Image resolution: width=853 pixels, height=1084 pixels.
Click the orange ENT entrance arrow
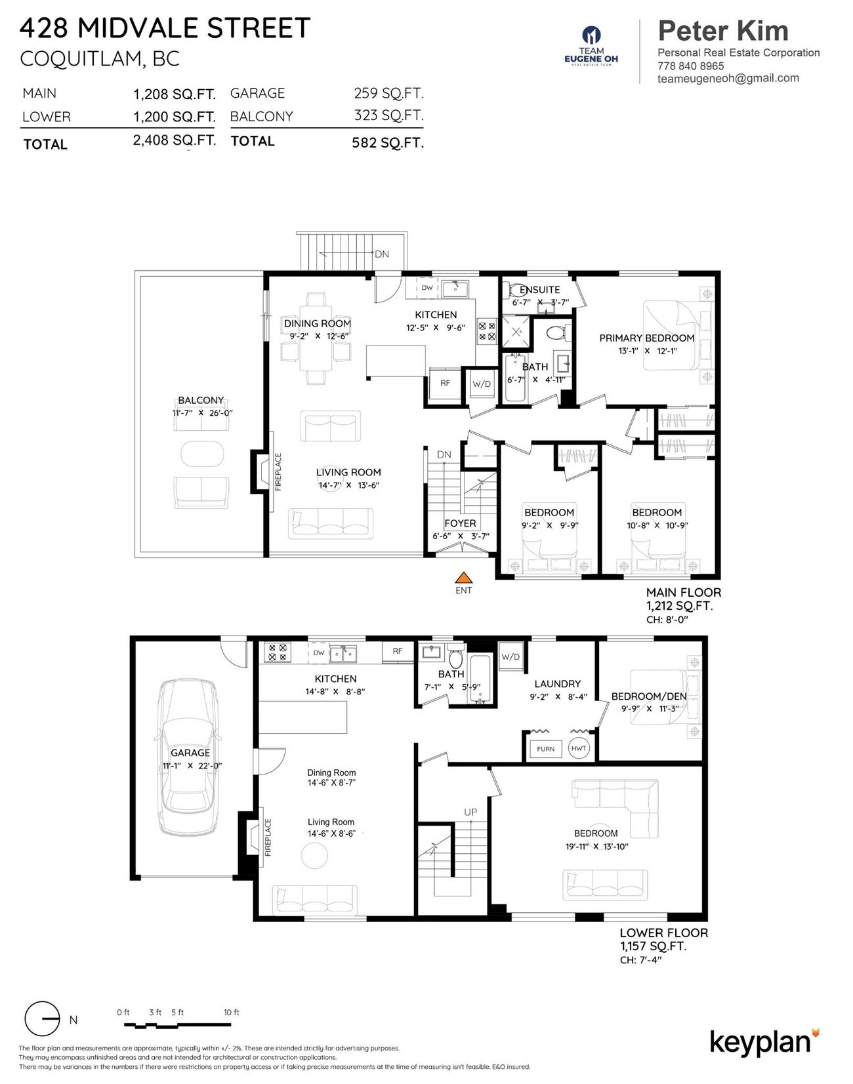[x=464, y=578]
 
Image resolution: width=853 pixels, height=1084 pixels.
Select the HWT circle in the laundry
[x=579, y=748]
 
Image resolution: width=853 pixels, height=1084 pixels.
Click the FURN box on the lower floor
[x=545, y=748]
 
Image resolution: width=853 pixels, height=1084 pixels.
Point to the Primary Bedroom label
[x=646, y=338]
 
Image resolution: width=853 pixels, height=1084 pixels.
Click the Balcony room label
[x=201, y=400]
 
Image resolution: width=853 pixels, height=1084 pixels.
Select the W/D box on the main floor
[x=482, y=384]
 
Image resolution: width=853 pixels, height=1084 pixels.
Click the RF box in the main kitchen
[x=445, y=383]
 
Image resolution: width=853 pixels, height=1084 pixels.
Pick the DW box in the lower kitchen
[x=319, y=653]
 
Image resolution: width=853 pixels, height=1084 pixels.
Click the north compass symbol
[x=42, y=1019]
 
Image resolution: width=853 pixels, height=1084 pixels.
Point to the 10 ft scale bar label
[x=232, y=1012]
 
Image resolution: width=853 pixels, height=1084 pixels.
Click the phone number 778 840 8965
[x=691, y=66]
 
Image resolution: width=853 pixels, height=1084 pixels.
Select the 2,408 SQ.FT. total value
[x=175, y=140]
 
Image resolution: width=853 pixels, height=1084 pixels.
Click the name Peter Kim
[x=723, y=31]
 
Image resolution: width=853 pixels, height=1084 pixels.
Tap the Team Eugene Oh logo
[x=591, y=46]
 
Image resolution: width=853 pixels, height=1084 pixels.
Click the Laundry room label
[x=557, y=683]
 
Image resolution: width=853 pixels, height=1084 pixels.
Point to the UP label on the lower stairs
[x=470, y=812]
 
